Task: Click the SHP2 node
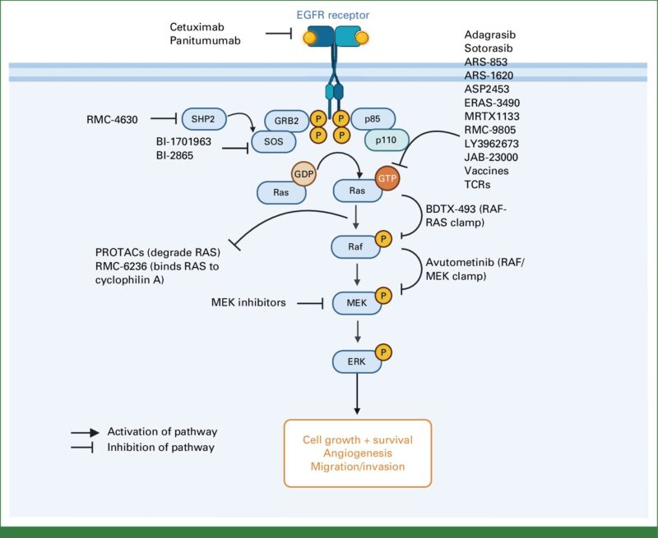point(204,119)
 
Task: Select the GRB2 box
point(286,121)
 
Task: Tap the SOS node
point(274,141)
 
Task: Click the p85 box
point(373,119)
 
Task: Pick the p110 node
point(386,140)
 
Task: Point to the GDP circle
point(304,173)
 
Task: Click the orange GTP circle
point(387,178)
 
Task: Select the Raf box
point(355,246)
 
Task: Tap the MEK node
point(357,303)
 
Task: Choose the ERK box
point(357,361)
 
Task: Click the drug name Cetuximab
point(197,27)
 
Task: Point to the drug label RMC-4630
point(112,120)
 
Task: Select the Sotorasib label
point(489,48)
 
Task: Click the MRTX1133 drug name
point(492,117)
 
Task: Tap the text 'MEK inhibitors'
point(248,302)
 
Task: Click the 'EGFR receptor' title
point(333,15)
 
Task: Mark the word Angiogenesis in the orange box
point(358,453)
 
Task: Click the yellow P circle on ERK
point(383,352)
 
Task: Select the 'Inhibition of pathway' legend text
point(160,448)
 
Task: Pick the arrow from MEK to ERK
point(358,332)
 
